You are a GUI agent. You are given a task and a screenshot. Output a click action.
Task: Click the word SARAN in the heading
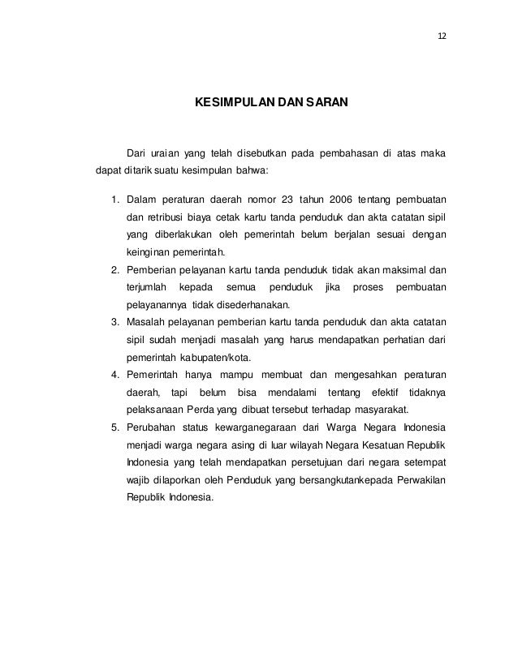323,104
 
